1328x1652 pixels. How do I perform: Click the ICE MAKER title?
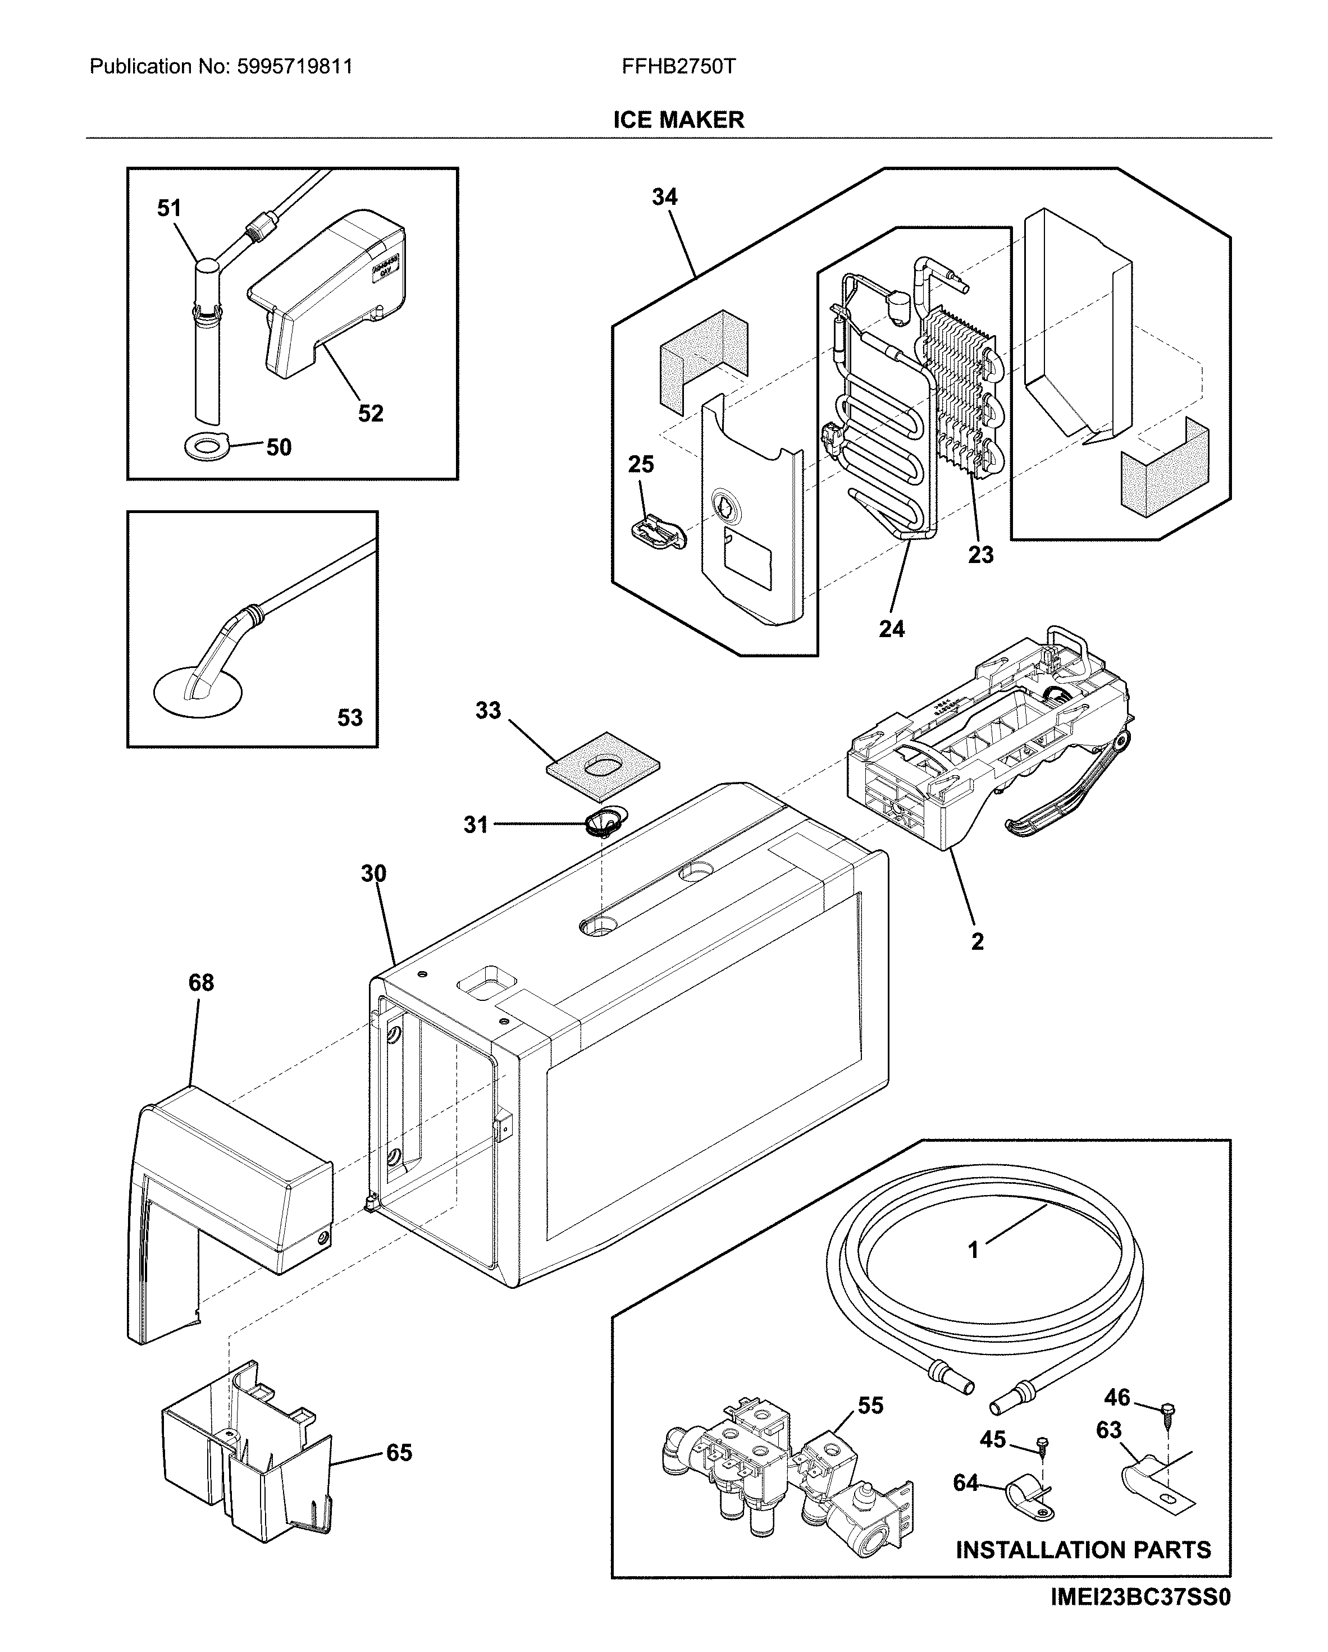(x=678, y=120)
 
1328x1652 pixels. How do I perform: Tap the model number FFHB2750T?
(x=678, y=67)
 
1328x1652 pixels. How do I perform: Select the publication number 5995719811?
(x=295, y=67)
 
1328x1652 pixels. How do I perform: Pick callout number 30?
(x=373, y=873)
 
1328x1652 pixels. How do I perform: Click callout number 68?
(x=201, y=982)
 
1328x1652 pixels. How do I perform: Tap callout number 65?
(x=399, y=1453)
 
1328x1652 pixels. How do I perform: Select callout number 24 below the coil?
(x=891, y=629)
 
